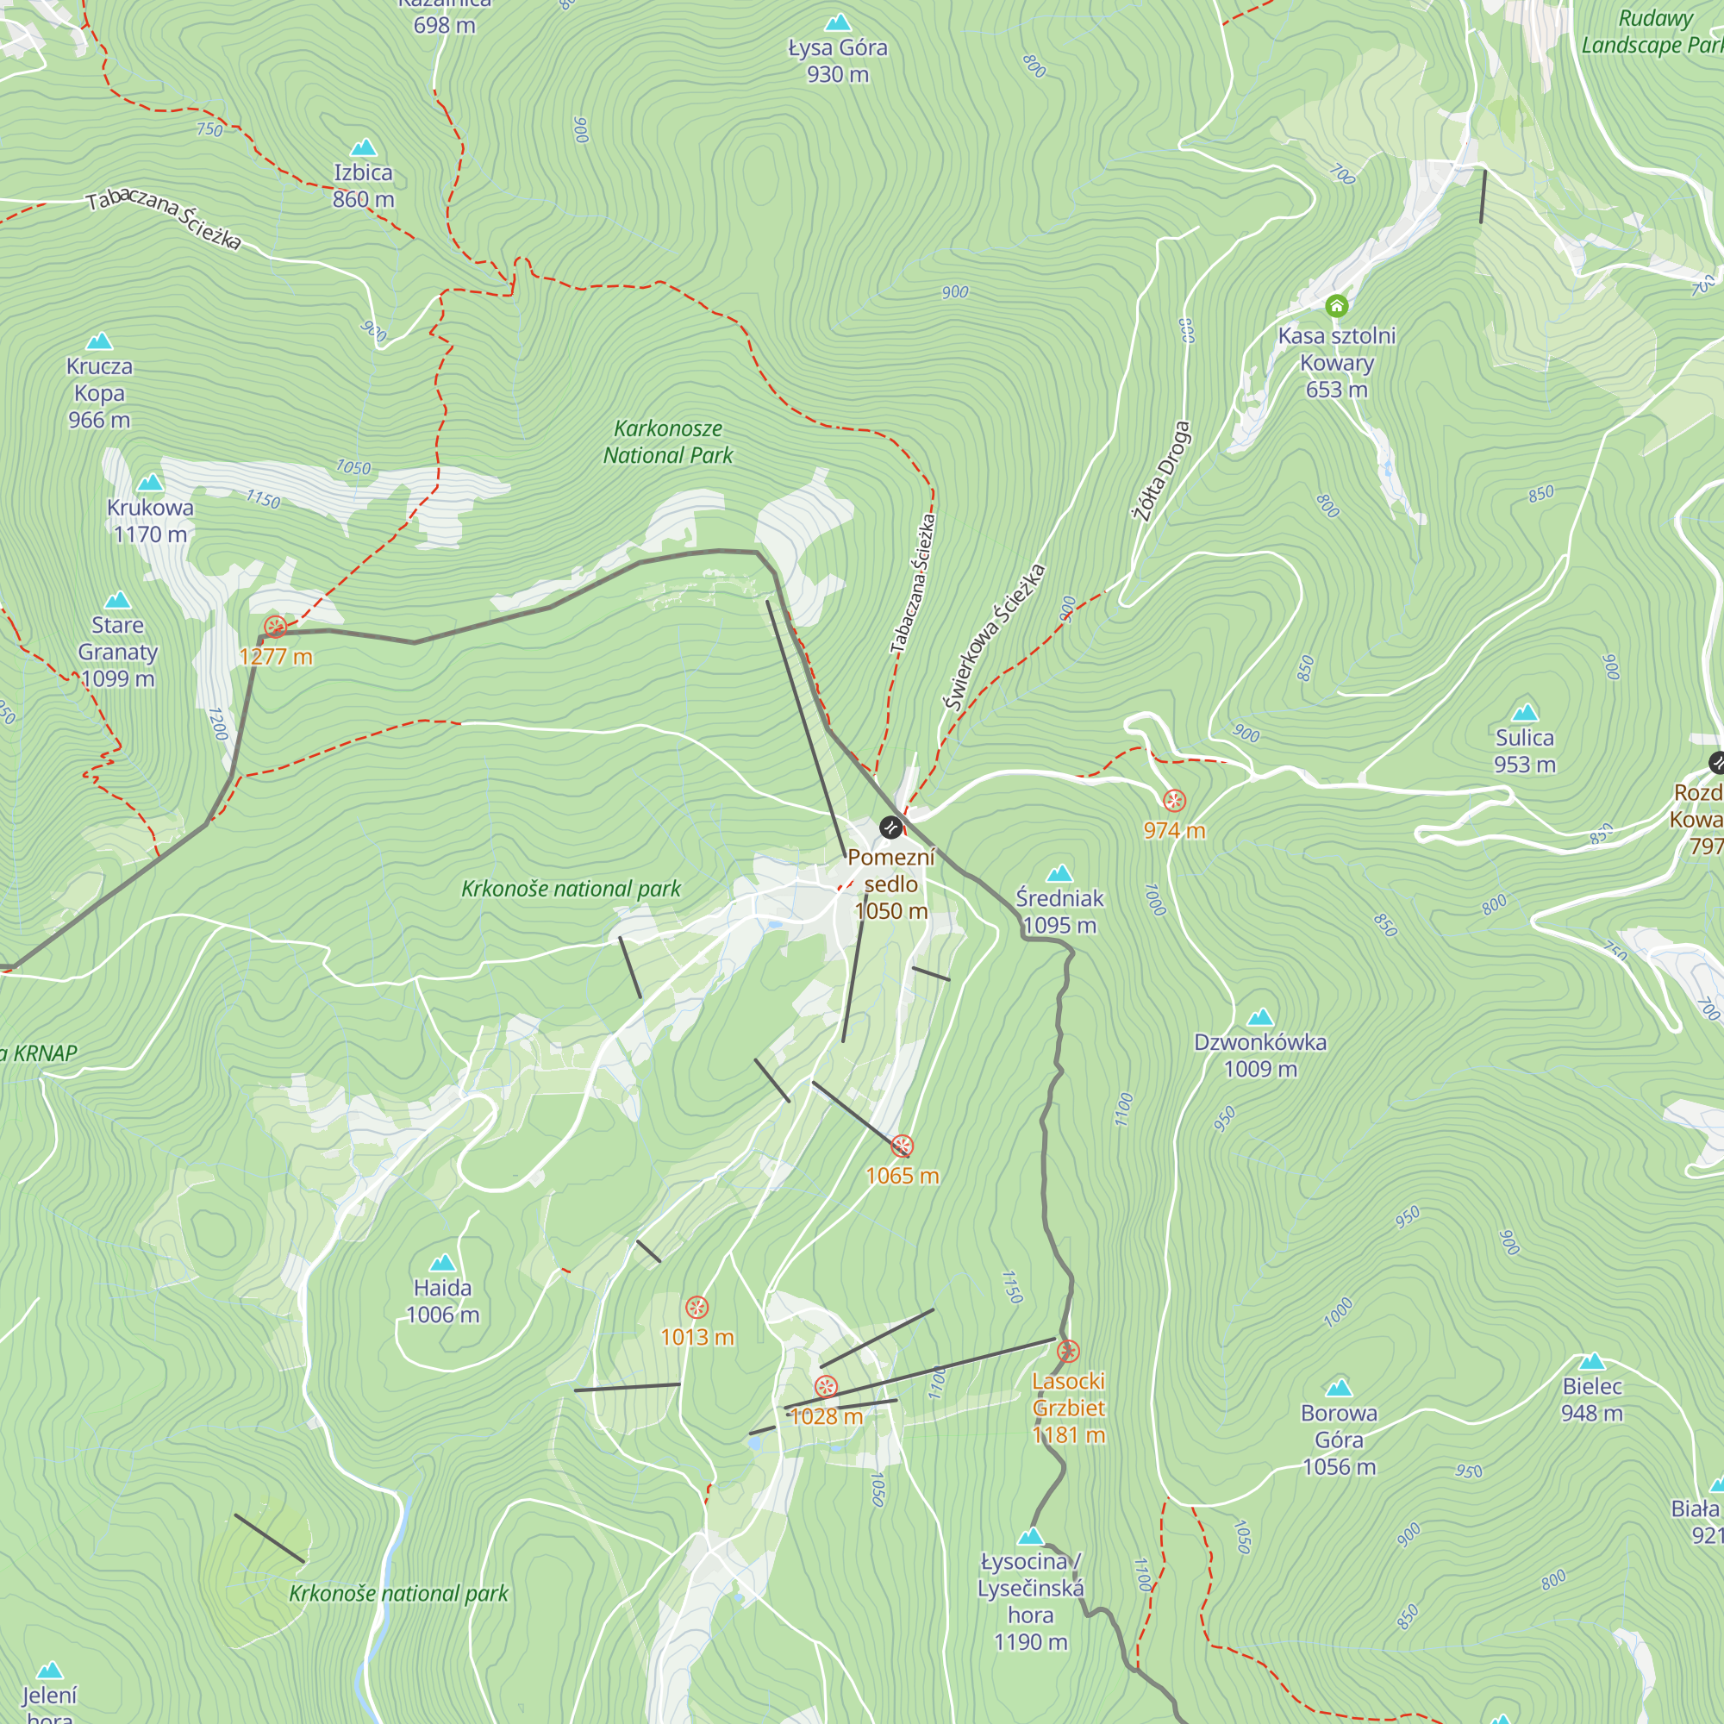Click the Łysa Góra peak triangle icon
point(837,22)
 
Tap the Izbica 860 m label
point(363,185)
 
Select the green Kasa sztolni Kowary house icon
point(1336,306)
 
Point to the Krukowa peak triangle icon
point(150,483)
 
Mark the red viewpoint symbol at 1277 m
point(275,628)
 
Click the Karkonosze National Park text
point(667,441)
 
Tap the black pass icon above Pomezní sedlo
point(890,828)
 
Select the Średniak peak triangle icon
point(1059,872)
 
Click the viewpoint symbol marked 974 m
point(1174,801)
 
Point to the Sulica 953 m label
point(1524,751)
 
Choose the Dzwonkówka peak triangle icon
point(1260,1017)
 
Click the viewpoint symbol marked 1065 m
point(903,1146)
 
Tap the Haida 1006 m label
point(442,1301)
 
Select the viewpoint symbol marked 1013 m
point(696,1308)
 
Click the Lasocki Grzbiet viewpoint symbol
point(1068,1351)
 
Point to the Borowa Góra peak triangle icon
point(1339,1388)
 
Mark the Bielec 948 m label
point(1592,1399)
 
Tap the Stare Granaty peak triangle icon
point(118,601)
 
